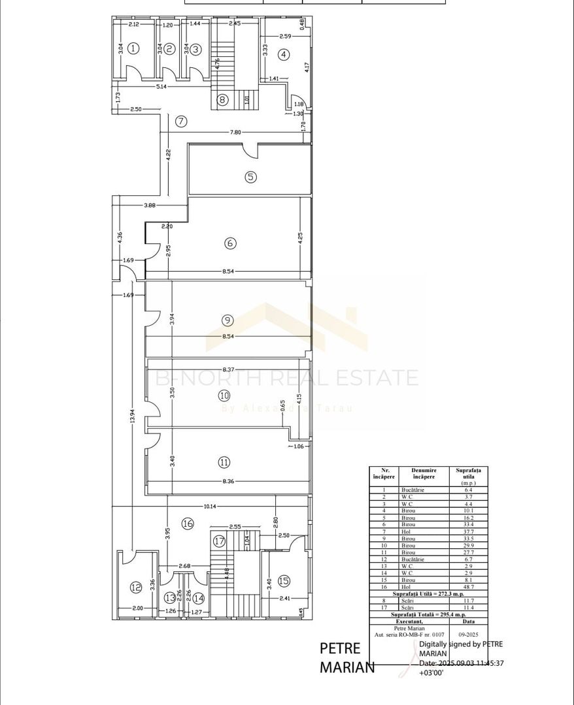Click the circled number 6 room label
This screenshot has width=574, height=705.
[229, 243]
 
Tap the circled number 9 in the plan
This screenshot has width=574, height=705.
[227, 320]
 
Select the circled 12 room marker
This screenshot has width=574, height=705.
[135, 587]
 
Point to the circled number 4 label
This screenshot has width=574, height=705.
[283, 55]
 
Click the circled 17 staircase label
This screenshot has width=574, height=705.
[219, 540]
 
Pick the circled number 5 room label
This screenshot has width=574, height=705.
[250, 176]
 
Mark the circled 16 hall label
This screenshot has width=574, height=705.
[188, 523]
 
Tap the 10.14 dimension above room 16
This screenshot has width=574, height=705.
[209, 506]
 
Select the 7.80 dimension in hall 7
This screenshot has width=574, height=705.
[235, 132]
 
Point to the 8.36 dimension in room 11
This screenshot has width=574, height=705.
[228, 482]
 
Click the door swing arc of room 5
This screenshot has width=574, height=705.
[250, 151]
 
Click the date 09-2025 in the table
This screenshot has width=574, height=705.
[467, 633]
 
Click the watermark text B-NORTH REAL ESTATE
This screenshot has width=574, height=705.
[288, 378]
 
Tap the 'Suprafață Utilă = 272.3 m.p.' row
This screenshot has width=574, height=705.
[428, 594]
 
